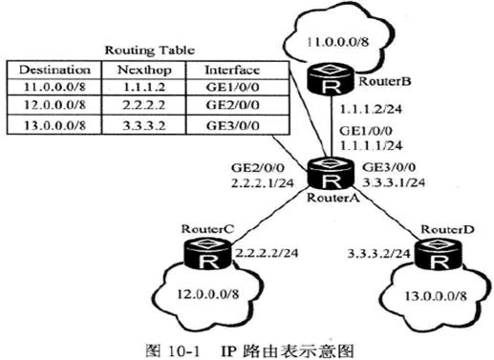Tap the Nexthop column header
pos(146,70)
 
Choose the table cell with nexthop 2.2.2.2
pos(146,105)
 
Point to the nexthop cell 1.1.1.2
pos(146,88)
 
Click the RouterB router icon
pos(332,80)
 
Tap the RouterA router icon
pos(331,180)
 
